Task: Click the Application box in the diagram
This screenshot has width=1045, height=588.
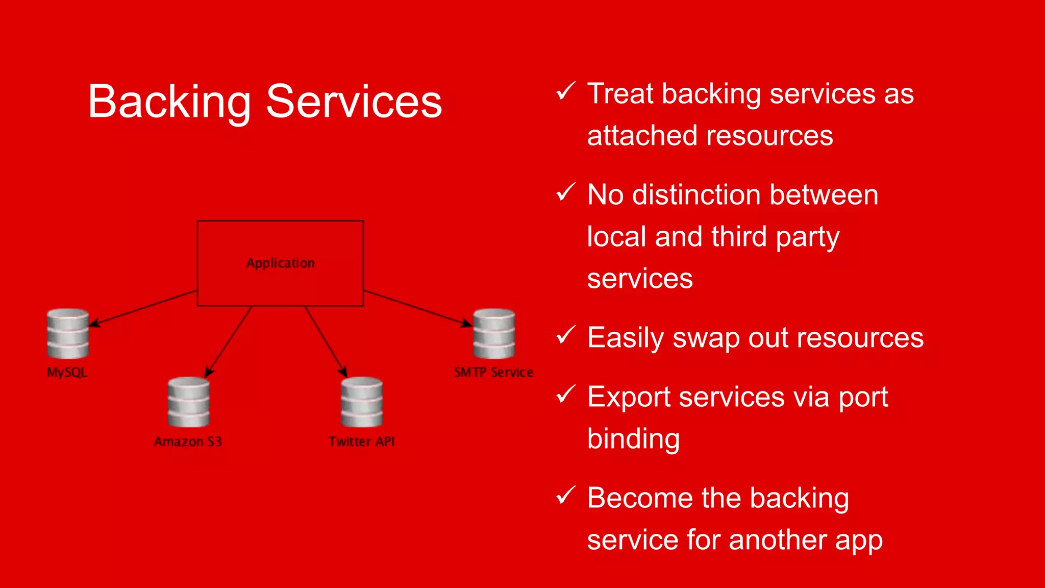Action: (x=280, y=263)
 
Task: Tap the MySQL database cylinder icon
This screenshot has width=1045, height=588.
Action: (x=68, y=334)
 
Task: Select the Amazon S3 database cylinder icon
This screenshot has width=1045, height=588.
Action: (x=188, y=402)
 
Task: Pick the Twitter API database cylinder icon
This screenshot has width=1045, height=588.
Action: (x=362, y=402)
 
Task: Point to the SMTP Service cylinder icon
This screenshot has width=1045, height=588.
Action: (x=493, y=334)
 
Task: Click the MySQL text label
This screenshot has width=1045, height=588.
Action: (x=67, y=372)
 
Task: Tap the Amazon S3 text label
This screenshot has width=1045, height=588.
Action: (x=188, y=442)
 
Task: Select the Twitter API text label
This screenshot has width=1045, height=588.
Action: (x=361, y=442)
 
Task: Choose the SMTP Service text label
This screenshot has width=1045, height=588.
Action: (x=493, y=372)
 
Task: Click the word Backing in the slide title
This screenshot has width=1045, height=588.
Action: (x=169, y=102)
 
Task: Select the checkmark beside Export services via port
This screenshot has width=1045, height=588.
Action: (x=566, y=394)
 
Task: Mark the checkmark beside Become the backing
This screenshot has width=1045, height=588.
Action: (x=566, y=495)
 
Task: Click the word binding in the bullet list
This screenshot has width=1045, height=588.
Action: (x=633, y=439)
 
